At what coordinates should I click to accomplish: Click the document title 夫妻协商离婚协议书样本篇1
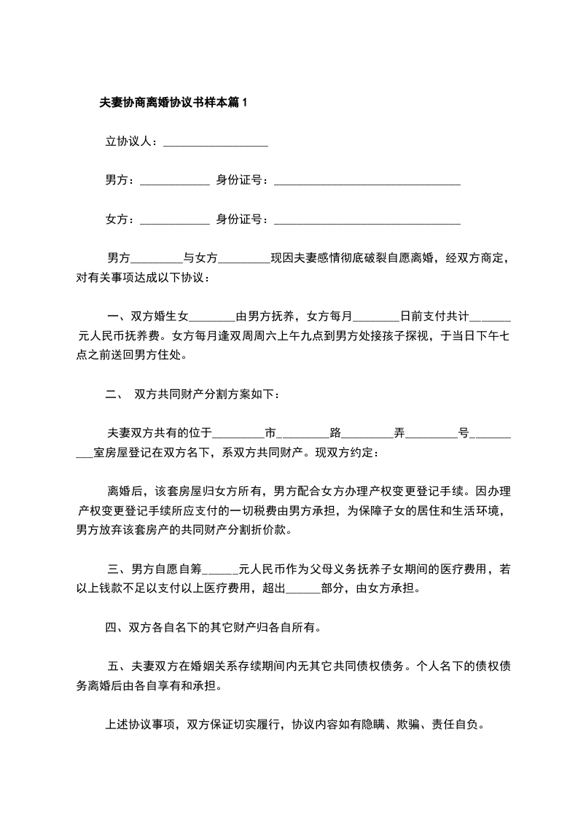pos(173,103)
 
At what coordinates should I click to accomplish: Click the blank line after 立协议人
pos(216,142)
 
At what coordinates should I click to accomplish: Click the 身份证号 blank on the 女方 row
pos(366,219)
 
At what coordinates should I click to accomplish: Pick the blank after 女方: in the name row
pos(174,219)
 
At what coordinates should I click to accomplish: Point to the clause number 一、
pos(117,316)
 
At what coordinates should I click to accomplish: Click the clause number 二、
pos(113,394)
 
